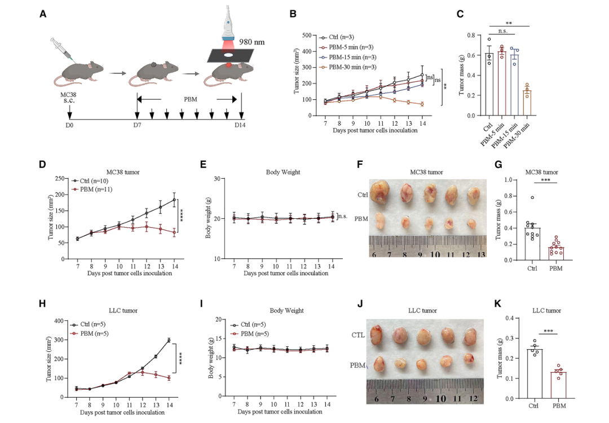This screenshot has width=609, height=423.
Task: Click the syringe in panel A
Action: tap(63, 49)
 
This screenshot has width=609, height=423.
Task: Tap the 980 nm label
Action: tap(252, 42)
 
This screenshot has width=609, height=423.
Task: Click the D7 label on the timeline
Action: tap(137, 125)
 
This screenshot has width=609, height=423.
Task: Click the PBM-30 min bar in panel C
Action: tap(527, 103)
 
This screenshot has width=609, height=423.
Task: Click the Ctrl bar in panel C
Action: tap(489, 84)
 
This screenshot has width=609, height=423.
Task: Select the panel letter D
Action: tap(42, 164)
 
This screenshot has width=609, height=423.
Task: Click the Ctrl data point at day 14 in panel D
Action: tap(174, 200)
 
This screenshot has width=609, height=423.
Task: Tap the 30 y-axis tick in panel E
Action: tap(217, 179)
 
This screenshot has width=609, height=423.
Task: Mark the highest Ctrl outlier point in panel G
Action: tap(532, 197)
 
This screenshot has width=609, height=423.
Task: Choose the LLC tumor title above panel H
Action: tap(123, 311)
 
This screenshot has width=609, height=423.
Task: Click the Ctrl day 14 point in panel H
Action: tap(169, 340)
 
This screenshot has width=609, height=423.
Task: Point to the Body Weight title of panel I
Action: tap(286, 311)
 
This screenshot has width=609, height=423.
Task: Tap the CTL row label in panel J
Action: tap(358, 335)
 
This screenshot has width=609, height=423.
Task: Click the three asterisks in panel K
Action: tap(549, 331)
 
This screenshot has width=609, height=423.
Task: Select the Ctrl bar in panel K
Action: tap(535, 374)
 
